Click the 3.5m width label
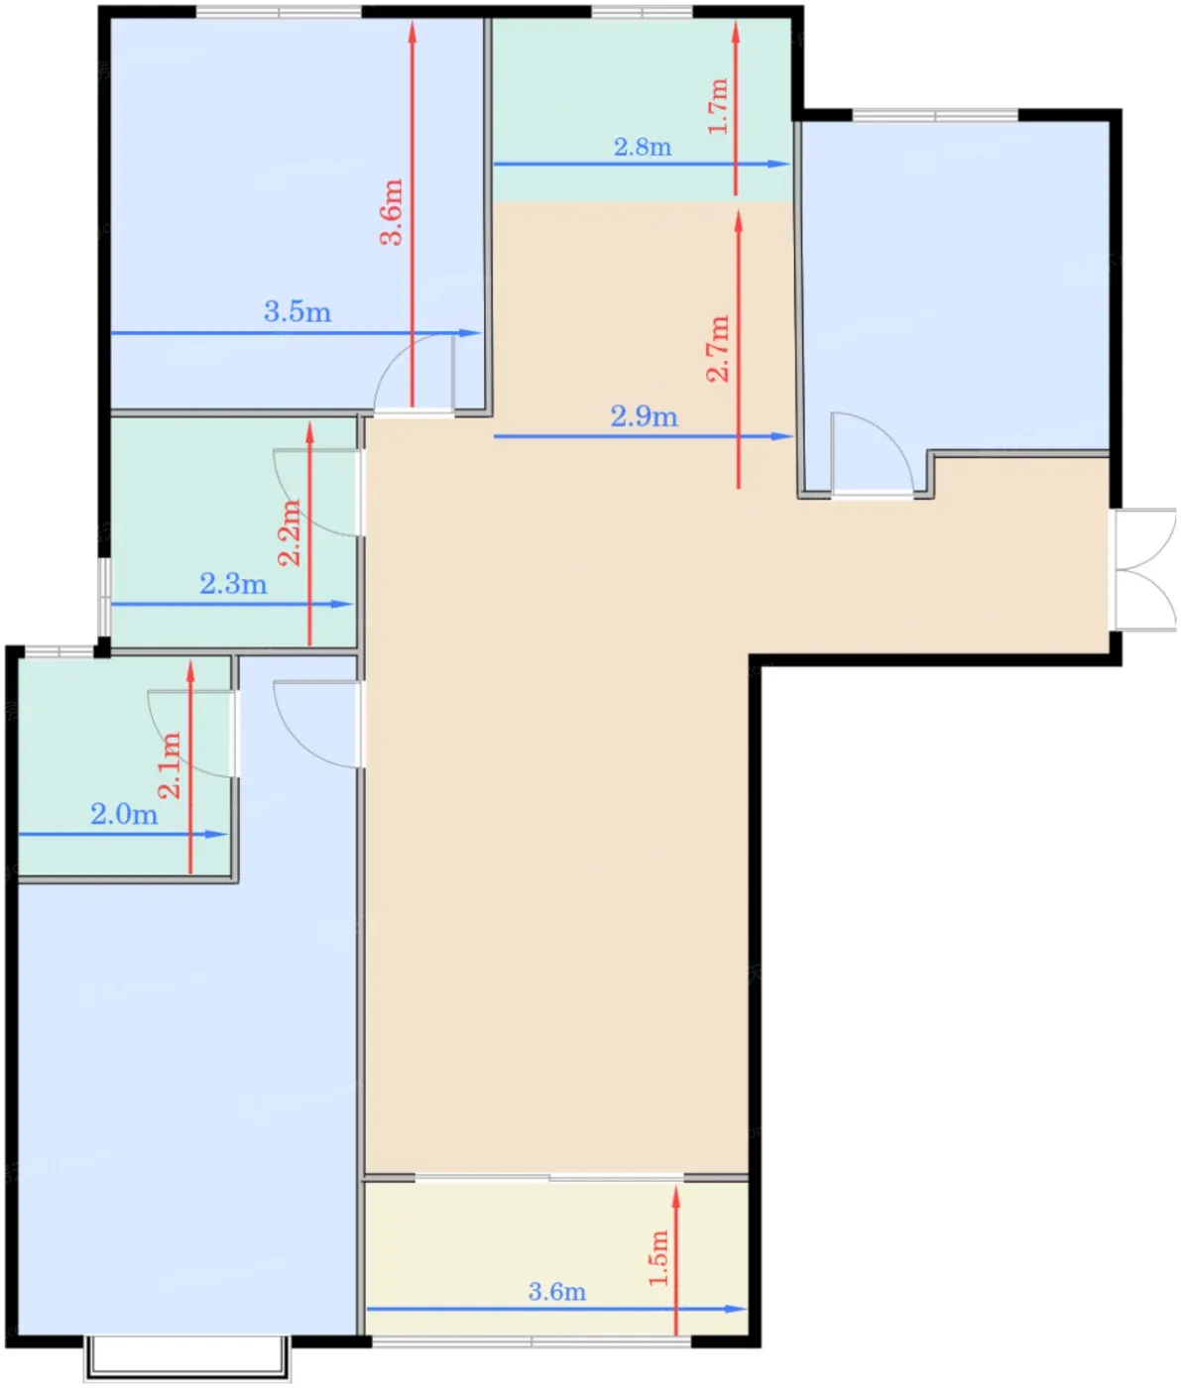pyautogui.click(x=296, y=312)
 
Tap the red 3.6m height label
pyautogui.click(x=392, y=212)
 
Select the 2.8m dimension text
pyautogui.click(x=643, y=147)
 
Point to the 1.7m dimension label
pyautogui.click(x=718, y=106)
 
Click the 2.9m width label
pyautogui.click(x=644, y=417)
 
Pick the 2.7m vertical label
pyautogui.click(x=718, y=349)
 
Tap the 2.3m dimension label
pyautogui.click(x=233, y=584)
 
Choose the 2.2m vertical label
pyautogui.click(x=290, y=533)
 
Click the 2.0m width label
pyautogui.click(x=124, y=815)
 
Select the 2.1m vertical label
pyautogui.click(x=170, y=765)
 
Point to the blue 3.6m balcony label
pyautogui.click(x=557, y=1291)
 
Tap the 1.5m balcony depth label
pyautogui.click(x=659, y=1258)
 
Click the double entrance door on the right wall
pyautogui.click(x=1144, y=569)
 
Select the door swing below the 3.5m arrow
pyautogui.click(x=413, y=373)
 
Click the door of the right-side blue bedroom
pyautogui.click(x=872, y=455)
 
